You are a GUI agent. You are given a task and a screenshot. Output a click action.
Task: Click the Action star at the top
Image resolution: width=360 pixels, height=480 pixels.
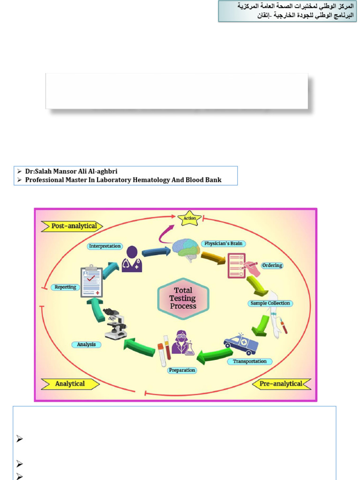pos(190,218)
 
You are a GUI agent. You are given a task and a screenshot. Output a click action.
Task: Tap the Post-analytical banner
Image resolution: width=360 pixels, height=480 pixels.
pos(72,226)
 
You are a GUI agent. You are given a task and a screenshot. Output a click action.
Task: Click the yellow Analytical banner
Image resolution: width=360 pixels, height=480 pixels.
pos(70,384)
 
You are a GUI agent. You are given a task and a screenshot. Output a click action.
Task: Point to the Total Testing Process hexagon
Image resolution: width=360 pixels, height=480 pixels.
pos(183,299)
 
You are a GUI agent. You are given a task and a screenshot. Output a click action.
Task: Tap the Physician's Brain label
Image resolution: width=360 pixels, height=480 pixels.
pos(224,244)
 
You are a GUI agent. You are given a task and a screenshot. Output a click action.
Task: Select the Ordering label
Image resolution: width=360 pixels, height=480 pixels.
pos(272,265)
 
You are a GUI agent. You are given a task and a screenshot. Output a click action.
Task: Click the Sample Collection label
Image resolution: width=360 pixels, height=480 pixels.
pos(270,303)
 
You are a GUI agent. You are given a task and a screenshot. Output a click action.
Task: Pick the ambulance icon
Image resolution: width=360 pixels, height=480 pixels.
pos(241,345)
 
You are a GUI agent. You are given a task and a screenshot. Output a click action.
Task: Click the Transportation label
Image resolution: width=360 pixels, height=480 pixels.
pos(250,361)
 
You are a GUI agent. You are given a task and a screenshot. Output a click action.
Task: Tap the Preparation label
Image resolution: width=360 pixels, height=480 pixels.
pos(182,370)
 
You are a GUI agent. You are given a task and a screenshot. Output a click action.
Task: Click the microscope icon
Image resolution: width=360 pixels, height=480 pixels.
pos(114,323)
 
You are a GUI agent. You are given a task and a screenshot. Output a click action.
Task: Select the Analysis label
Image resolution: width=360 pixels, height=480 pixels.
pos(86,345)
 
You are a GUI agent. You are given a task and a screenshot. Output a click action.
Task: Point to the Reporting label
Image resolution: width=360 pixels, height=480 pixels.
pos(65,287)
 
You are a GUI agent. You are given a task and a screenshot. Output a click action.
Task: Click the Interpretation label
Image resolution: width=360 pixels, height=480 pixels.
pos(105,246)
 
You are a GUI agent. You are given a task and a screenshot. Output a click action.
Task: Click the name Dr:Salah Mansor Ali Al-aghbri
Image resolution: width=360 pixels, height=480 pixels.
pos(71,172)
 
